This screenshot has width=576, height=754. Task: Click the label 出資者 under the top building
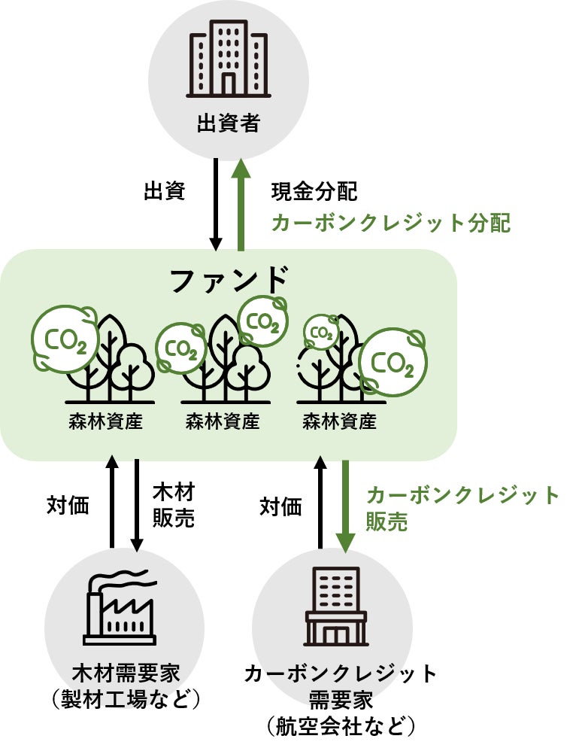pos(228,123)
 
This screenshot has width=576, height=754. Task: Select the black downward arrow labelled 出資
pos(216,203)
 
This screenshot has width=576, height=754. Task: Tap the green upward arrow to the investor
pos(241,203)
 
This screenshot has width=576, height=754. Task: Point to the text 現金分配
pos(314,192)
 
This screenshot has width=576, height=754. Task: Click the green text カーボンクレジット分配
pos(390,223)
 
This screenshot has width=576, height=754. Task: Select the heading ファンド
pos(229,280)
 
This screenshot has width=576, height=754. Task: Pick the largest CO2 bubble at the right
pos(393,363)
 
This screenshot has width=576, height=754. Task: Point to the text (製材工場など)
pos(126,700)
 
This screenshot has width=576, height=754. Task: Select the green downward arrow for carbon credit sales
pos(346,504)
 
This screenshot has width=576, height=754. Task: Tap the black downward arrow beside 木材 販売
pos(137,504)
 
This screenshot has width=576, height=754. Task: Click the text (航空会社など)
pos(341,727)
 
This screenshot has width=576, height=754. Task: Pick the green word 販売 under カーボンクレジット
pos(387,521)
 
